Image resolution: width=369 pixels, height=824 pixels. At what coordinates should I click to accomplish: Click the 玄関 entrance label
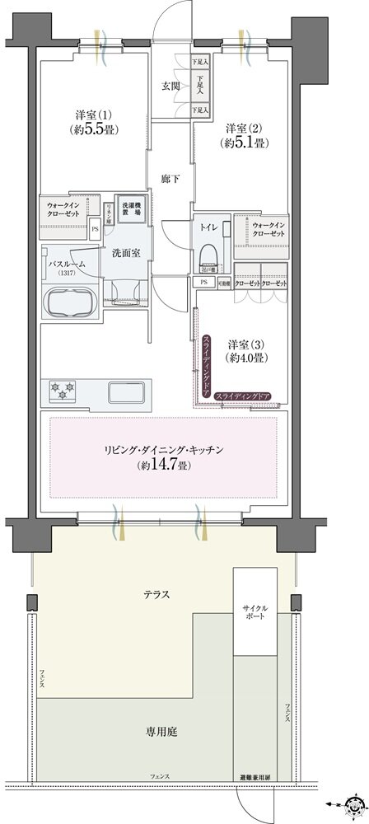click(x=170, y=85)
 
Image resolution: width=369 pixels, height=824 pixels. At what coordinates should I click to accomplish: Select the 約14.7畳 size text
click(x=164, y=465)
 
